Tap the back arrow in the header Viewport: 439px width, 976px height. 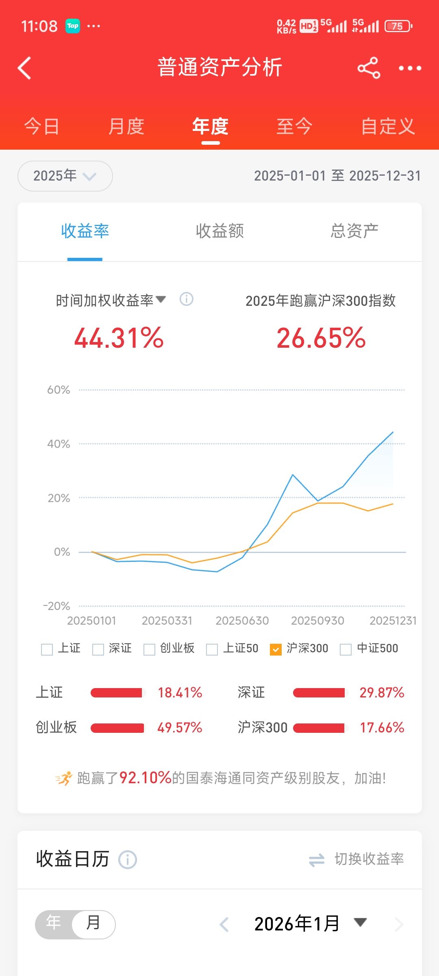pos(25,68)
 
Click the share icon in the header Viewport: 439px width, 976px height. pos(368,68)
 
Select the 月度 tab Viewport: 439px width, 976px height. pos(126,126)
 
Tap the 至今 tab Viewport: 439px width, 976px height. pos(294,126)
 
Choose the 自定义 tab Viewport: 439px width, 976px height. pos(388,126)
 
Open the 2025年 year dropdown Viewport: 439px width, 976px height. pos(65,176)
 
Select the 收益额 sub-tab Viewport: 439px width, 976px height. pos(219,231)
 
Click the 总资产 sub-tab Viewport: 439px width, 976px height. pos(354,231)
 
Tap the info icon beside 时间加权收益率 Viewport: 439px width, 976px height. pos(186,299)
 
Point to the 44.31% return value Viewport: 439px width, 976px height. pos(119,338)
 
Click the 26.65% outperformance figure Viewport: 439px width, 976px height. pos(321,338)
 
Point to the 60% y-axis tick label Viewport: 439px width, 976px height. pos(59,390)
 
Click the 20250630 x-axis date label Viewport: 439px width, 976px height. pos(242,621)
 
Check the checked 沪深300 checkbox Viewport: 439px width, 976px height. pos(276,649)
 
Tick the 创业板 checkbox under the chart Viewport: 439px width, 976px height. pos(150,649)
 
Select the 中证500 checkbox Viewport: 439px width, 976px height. pos(346,649)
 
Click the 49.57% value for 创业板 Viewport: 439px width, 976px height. pos(180,728)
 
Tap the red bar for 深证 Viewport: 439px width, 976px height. pos(319,693)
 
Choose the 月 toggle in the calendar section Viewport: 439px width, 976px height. pos(93,923)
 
